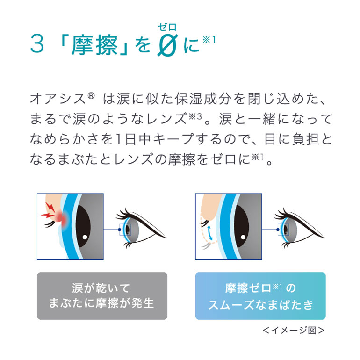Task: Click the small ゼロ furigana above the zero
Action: (167, 27)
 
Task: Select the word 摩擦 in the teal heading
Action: (94, 45)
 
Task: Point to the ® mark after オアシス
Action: (91, 95)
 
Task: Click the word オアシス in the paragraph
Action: (58, 99)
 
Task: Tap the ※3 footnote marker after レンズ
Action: (195, 116)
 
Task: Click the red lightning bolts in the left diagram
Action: (48, 210)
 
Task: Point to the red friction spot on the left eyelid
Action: (61, 217)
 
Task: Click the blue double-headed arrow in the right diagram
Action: (210, 233)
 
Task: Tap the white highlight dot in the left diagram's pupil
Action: (85, 237)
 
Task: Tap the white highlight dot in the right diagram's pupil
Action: (243, 237)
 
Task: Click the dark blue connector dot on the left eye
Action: (119, 230)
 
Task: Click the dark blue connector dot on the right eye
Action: (278, 230)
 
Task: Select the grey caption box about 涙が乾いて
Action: (102, 295)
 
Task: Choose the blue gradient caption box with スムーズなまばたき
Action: (260, 295)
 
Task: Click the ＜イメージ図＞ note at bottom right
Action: (294, 331)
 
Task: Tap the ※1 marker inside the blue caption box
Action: (277, 286)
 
